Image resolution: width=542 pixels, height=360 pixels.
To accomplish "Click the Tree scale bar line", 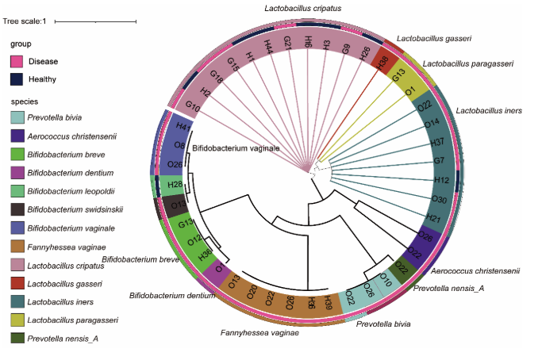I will pos(96,21).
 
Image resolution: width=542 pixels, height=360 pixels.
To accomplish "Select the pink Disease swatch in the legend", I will pos(17,61).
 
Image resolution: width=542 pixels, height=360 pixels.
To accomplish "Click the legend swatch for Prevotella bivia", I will pos(17,118).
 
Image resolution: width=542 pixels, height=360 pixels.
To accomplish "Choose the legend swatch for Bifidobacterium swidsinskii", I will pos(17,209).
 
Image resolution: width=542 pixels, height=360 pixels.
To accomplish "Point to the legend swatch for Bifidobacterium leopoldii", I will pos(17,191).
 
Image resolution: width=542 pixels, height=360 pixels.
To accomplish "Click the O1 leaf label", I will pos(410,91).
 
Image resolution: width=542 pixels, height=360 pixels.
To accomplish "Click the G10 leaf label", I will pos(193,105).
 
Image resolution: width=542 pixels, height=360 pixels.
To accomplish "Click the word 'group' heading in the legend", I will pos(21,44).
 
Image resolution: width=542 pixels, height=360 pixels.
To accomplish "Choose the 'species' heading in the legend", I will pos(25,101).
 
